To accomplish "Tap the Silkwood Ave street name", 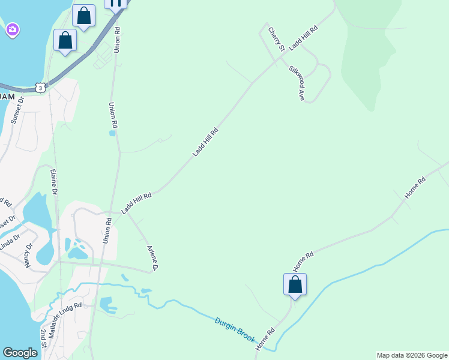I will pos(296,83).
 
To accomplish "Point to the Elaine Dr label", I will pos(54,182).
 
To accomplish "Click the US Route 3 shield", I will pos(40,88).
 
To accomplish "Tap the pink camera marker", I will pos(13,29).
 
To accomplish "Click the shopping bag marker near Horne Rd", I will pos(295,284).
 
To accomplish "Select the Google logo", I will pos(20,353).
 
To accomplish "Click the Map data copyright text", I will pos(412,355).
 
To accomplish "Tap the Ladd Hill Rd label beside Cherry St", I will pos(303,38).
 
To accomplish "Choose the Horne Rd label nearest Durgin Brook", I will pos(265,339).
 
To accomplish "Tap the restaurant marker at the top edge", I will pos(116,3).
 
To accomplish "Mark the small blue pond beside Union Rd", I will pos(112,133).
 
